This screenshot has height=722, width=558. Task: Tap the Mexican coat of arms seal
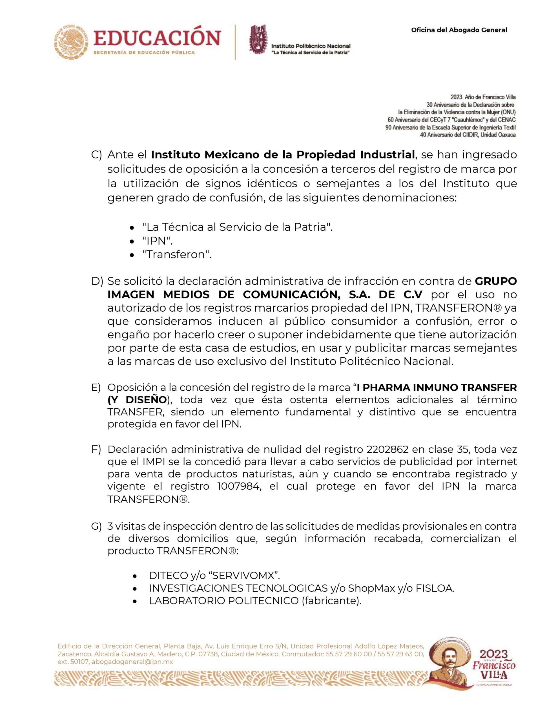tap(71, 42)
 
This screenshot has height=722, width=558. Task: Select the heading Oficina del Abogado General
tap(459, 30)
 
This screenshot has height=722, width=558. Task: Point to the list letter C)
tap(96, 155)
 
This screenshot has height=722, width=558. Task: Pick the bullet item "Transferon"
tap(176, 255)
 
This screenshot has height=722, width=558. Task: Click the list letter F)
tap(96, 450)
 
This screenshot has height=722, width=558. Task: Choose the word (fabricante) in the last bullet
tap(331, 601)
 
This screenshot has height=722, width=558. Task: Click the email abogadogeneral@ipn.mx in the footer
tap(132, 662)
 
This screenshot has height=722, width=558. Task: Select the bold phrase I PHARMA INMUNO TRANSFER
tap(437, 388)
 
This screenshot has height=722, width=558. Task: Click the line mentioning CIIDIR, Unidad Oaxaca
tap(468, 135)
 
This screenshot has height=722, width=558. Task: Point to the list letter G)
tap(96, 526)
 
